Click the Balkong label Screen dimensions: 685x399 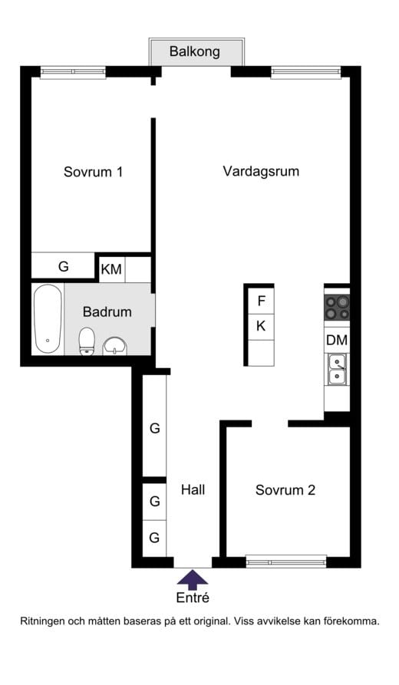coord(195,52)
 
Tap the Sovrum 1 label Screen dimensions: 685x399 coord(93,172)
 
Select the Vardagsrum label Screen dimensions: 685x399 coord(261,171)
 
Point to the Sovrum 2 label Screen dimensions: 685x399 coord(285,490)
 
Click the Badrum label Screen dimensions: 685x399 coord(107,312)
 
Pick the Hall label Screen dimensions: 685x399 coord(193,489)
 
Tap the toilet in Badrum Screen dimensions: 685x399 coord(87,341)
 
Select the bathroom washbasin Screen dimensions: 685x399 coord(114,346)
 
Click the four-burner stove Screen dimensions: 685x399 coord(337,307)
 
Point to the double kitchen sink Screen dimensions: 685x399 coord(337,369)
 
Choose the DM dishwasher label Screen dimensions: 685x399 coord(337,340)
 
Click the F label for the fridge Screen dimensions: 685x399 coord(261,301)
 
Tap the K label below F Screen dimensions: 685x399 coord(261,326)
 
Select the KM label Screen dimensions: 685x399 coord(111,269)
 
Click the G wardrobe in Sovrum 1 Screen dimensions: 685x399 coord(63,267)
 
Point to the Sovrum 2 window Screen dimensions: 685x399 coord(286,561)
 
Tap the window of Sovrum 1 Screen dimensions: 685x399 coord(73,72)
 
